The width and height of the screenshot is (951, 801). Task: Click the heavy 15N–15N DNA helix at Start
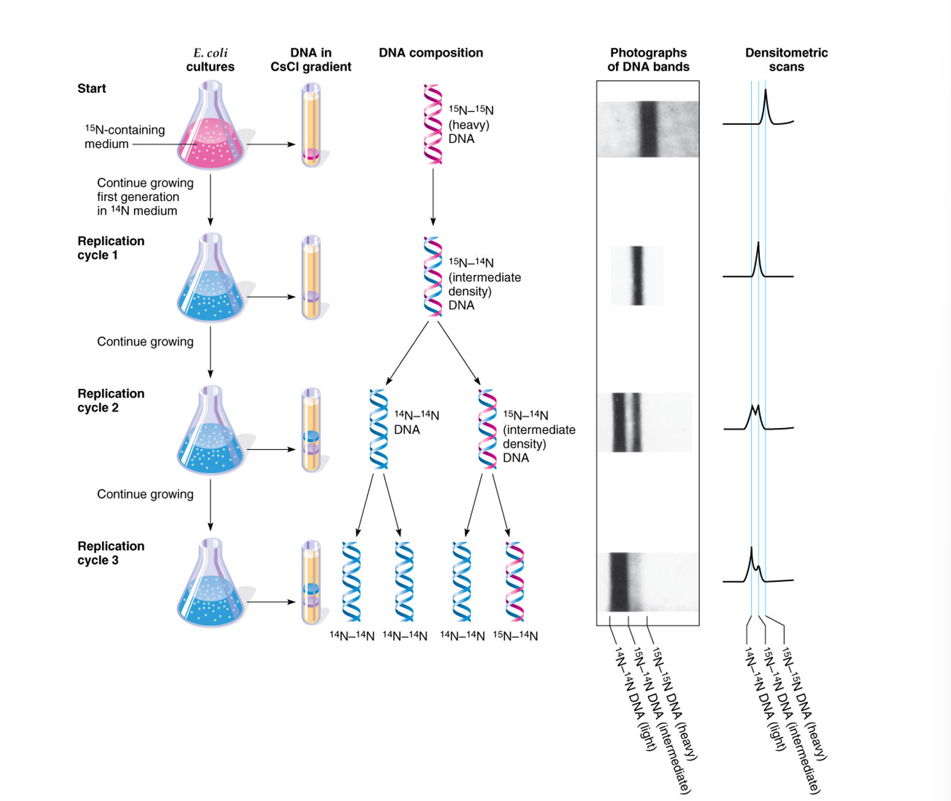tap(433, 124)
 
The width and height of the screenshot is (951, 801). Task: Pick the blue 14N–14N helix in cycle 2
tap(378, 429)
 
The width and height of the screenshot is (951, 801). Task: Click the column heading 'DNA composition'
tap(430, 53)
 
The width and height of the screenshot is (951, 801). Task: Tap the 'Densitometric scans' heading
tap(786, 60)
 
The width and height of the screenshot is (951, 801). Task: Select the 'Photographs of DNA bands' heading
tap(648, 60)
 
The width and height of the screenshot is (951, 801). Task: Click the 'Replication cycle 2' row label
tap(111, 400)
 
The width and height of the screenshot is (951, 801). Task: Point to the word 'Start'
tap(92, 88)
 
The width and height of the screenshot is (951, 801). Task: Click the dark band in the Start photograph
tap(648, 129)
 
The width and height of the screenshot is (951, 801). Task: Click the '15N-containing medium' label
tap(124, 137)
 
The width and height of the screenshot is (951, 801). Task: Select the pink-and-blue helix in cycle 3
tap(514, 582)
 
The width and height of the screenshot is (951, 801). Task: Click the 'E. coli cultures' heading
tap(210, 60)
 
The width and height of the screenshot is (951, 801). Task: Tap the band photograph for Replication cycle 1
tap(637, 276)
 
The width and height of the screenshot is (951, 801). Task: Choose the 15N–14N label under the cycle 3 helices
tap(515, 636)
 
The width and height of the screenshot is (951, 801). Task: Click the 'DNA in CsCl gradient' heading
tap(311, 60)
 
